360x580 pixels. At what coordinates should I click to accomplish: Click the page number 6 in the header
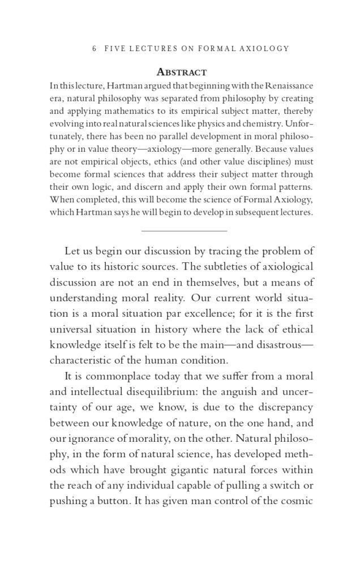click(x=94, y=49)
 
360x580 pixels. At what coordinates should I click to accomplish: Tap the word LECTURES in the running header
click(x=153, y=49)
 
